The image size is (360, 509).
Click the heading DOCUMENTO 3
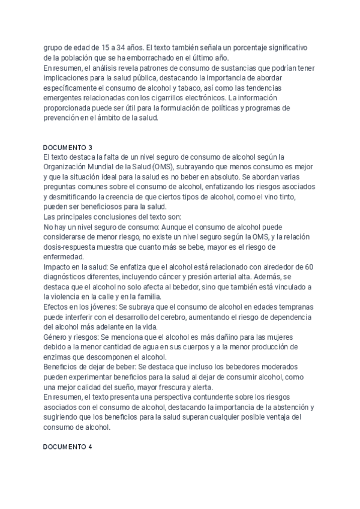click(x=68, y=147)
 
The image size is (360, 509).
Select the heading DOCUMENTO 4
click(x=68, y=448)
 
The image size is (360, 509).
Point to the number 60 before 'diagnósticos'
click(x=311, y=266)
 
